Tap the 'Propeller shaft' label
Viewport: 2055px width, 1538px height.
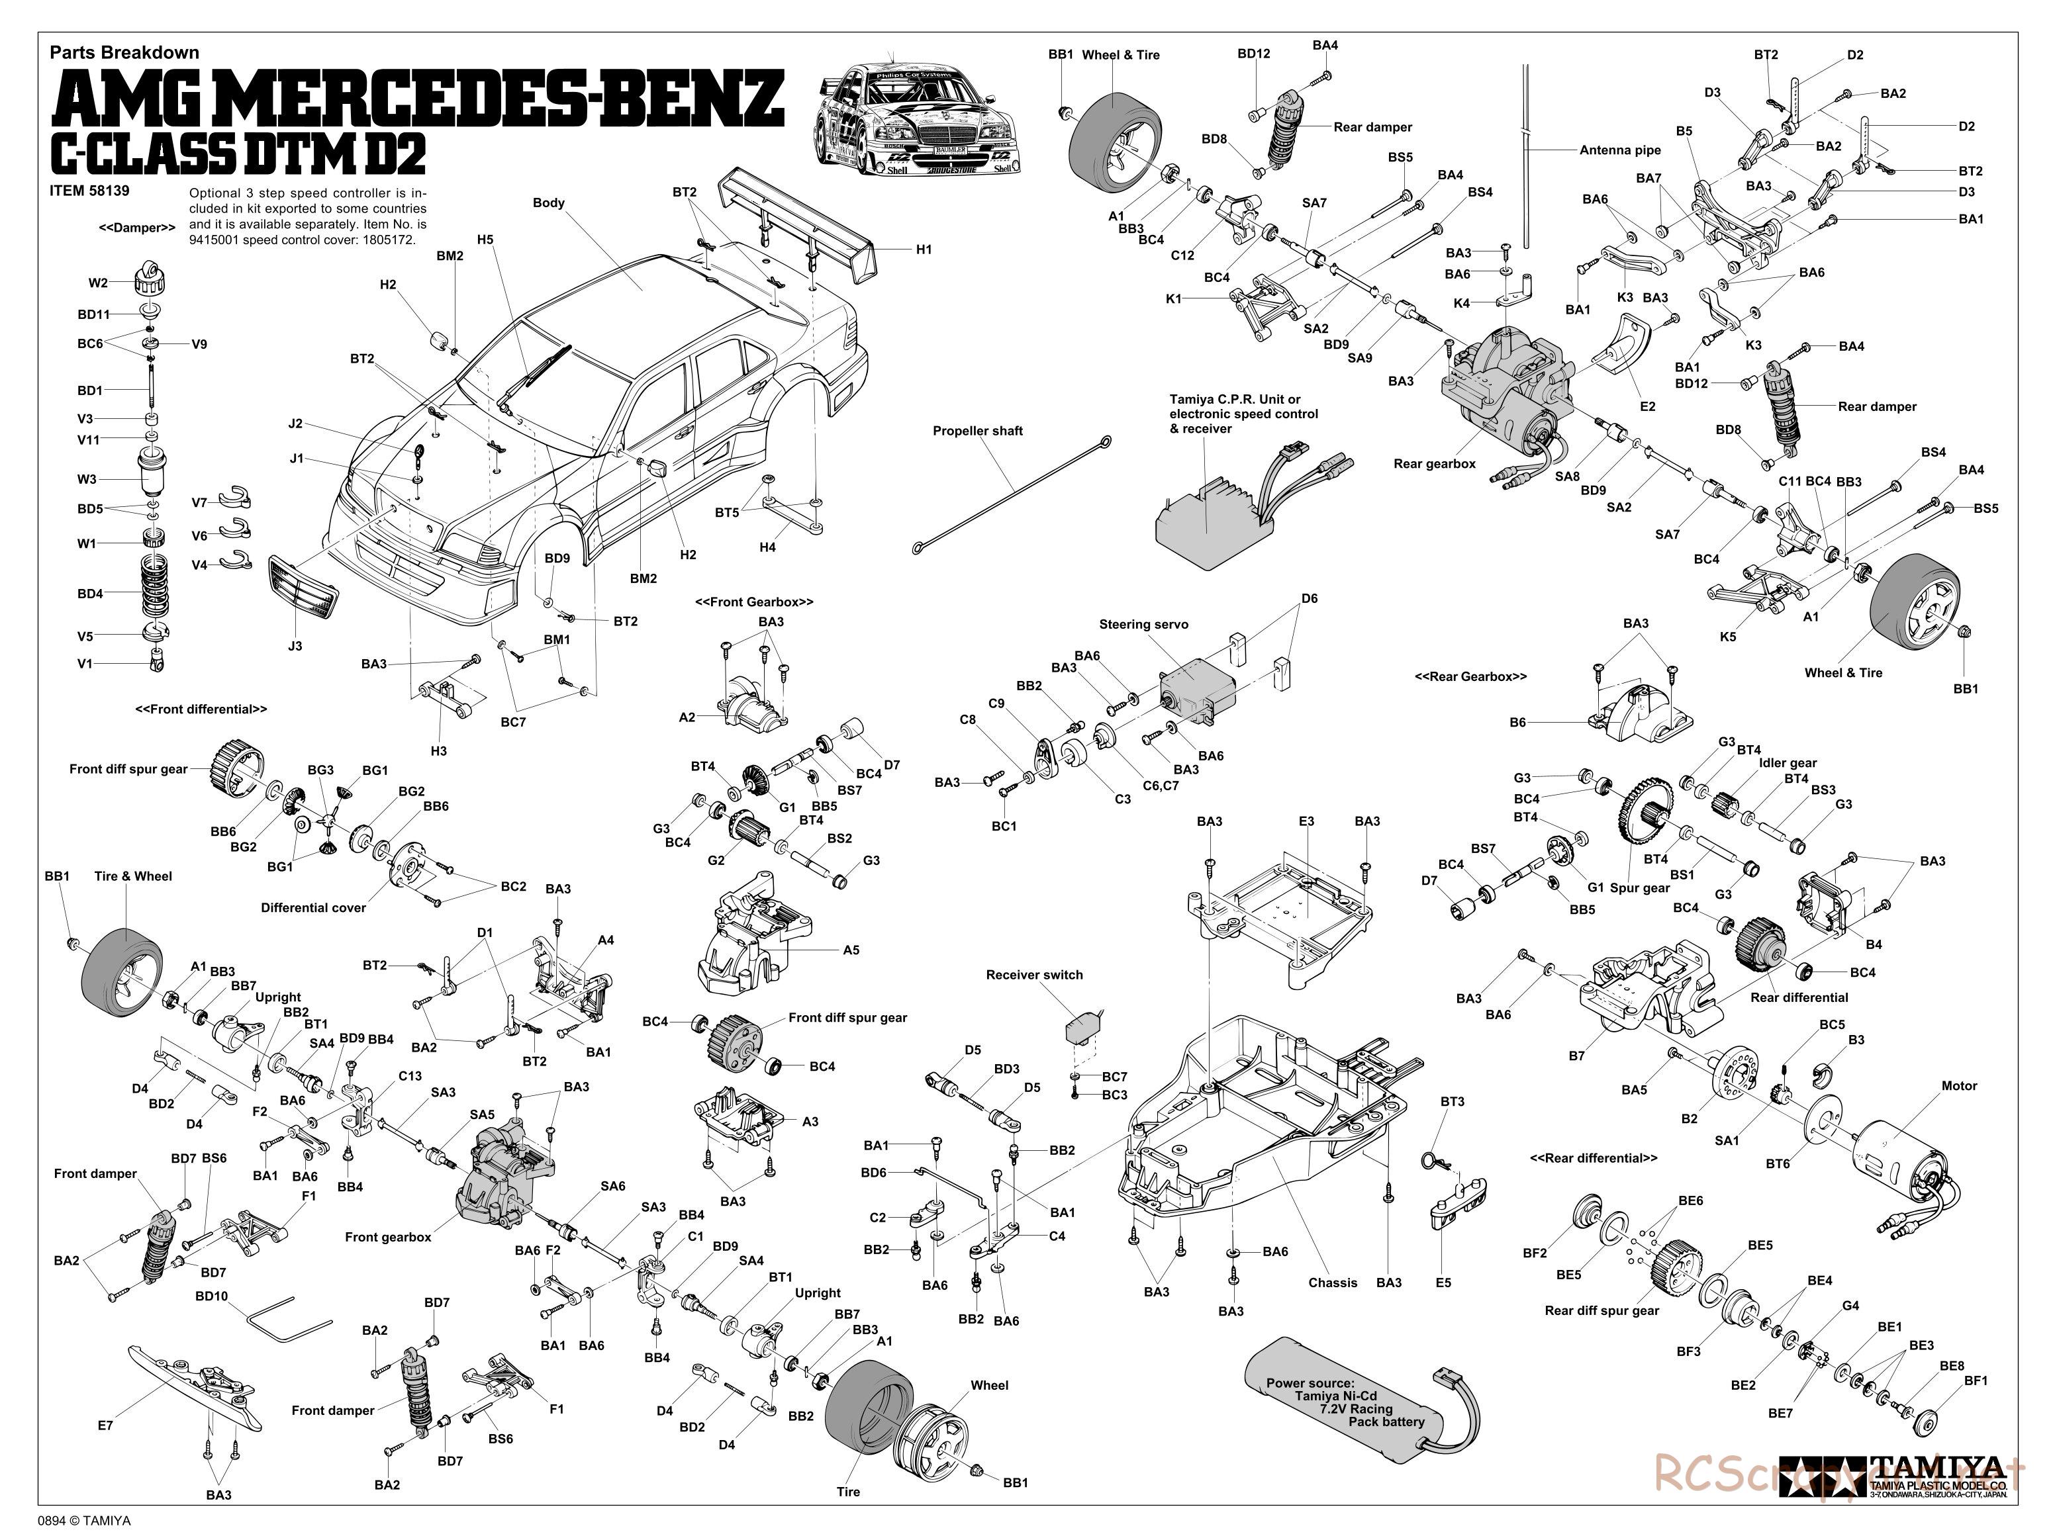coord(977,431)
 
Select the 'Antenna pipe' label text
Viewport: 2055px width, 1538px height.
coord(1620,150)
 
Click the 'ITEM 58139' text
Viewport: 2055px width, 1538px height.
coord(89,191)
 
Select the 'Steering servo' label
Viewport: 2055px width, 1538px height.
coord(1143,624)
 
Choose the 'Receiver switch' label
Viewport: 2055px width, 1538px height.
coord(1034,974)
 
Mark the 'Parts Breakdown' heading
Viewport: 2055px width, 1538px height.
coord(124,53)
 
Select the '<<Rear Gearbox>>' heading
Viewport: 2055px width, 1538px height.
coord(1470,676)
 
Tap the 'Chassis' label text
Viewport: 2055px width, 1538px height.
coord(1332,1283)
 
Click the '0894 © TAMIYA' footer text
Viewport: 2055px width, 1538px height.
coord(85,1520)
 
